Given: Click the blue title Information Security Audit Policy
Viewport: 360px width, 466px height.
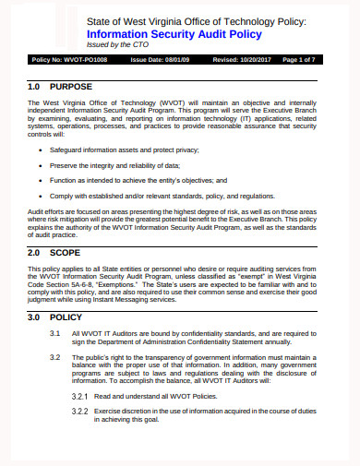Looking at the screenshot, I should click(x=174, y=34).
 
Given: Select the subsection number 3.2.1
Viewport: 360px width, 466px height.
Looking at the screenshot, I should click(x=80, y=395).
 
